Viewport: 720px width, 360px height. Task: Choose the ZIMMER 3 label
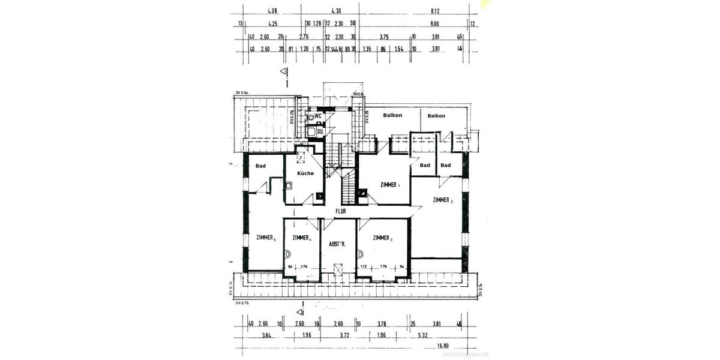383,238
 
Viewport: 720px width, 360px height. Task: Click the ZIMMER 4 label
301,238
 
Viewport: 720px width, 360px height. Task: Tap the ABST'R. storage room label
338,244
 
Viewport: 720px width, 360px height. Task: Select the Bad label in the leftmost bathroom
260,166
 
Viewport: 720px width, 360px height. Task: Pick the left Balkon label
393,116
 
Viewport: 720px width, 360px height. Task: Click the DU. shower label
320,131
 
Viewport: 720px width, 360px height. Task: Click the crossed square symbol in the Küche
301,158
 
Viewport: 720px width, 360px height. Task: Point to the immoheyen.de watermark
466,354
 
